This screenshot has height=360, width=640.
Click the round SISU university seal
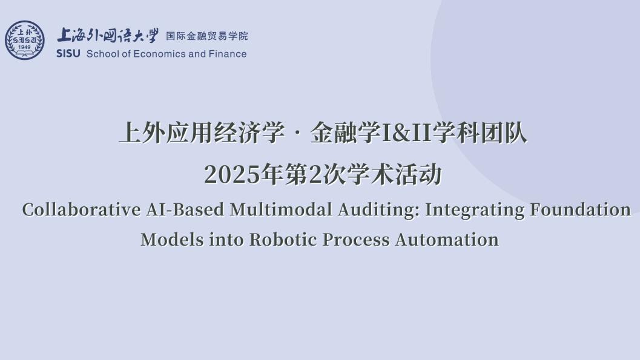[x=24, y=40]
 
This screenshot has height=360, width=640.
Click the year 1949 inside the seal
[x=24, y=47]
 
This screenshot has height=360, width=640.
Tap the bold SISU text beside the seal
[x=68, y=54]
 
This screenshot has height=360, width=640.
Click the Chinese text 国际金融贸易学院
[x=207, y=36]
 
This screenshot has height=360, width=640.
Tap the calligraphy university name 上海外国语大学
[x=107, y=36]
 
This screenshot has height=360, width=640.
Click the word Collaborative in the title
[x=82, y=209]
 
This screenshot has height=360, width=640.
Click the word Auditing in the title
[x=379, y=211]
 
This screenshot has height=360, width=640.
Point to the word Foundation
[x=581, y=209]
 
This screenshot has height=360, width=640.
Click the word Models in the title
[x=172, y=240]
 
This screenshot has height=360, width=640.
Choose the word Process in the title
[x=356, y=240]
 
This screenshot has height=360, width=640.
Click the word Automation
[x=447, y=240]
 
